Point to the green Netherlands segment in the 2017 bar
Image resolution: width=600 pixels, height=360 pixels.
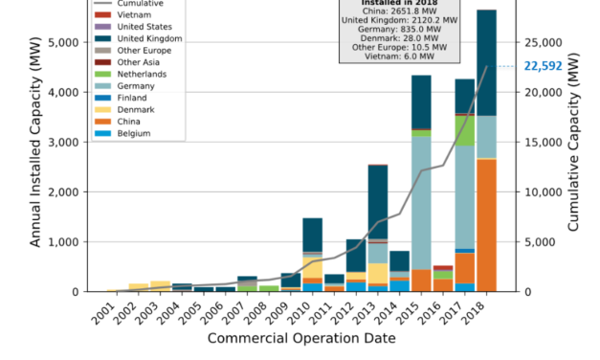tap(465, 130)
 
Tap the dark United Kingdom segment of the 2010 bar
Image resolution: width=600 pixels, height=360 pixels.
tap(312, 235)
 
